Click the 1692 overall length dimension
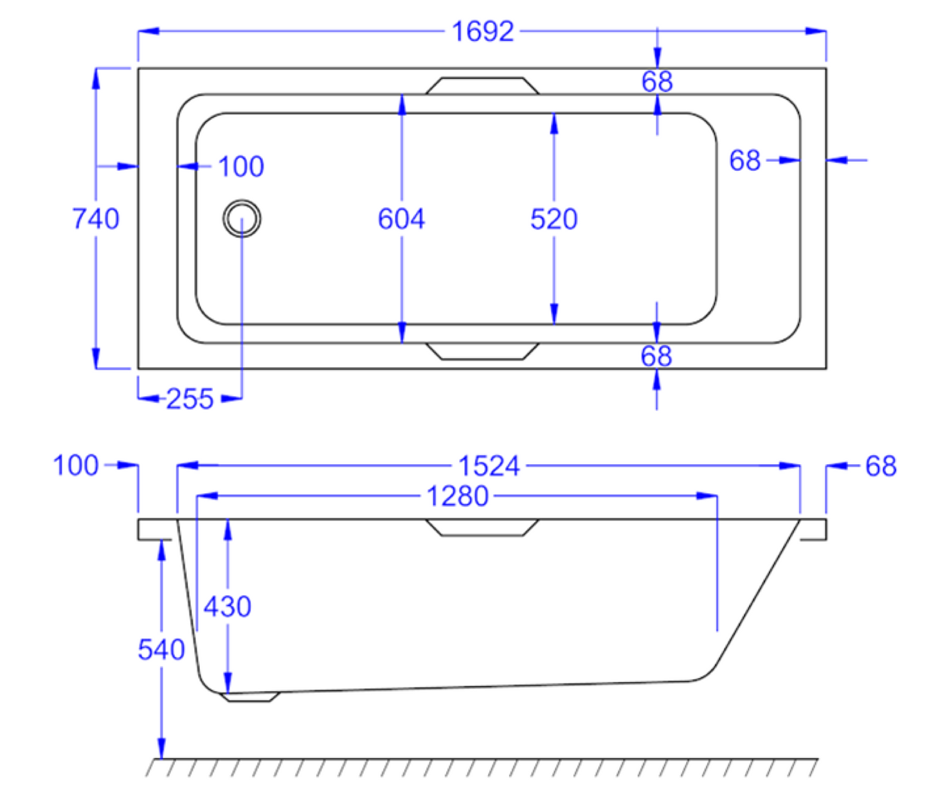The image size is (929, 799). coord(483,31)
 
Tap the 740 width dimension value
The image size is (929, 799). coord(96,219)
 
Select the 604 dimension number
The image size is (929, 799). coord(401,219)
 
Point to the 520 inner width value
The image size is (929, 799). coord(554,219)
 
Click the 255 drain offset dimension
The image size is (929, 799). coord(190,399)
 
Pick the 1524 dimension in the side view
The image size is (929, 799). coord(489,466)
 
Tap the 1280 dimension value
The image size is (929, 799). coord(458,496)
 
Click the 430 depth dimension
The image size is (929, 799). coord(228,606)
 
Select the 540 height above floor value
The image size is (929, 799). coord(161,650)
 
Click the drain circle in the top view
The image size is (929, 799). coord(242,219)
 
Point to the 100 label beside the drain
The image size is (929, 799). coord(241,167)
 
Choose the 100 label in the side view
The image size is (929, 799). coord(76,466)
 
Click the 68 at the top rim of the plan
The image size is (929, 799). coord(657,82)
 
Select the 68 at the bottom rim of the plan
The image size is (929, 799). coord(656,356)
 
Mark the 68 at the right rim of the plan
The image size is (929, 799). coord(745,161)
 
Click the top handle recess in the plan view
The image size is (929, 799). coord(483,86)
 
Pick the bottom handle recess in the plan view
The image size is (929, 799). coord(483,351)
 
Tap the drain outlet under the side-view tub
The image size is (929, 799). coord(249,697)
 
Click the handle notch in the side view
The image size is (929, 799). coord(483,527)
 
